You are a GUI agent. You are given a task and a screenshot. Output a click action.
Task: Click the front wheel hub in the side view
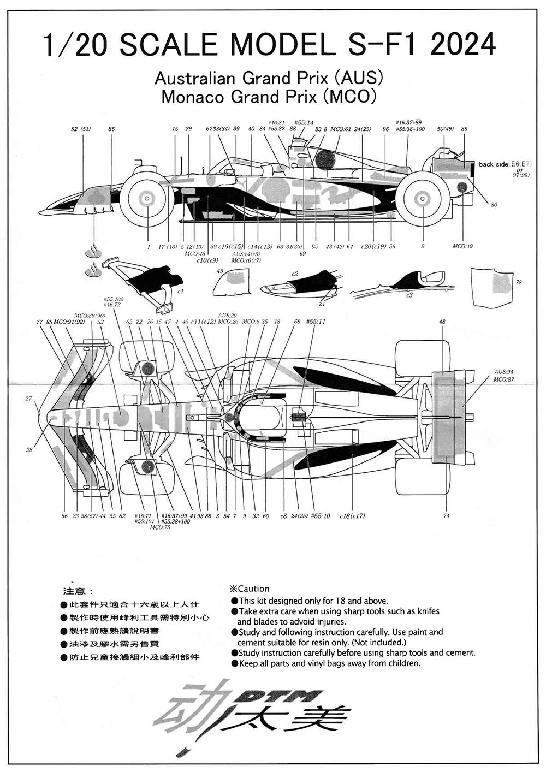point(147,198)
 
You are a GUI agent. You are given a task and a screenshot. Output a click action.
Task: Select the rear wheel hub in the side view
point(422,198)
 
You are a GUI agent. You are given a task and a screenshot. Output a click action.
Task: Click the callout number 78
point(518,282)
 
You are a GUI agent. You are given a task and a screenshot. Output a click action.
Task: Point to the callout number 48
point(442,322)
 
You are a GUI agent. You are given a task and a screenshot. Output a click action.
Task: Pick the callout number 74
point(447,516)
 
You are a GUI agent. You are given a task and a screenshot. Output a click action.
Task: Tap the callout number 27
point(28,399)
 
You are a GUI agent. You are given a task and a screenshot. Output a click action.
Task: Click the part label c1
point(180,291)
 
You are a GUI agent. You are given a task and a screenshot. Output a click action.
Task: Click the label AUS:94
point(503,371)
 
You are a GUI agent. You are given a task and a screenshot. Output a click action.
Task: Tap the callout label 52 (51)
point(81,129)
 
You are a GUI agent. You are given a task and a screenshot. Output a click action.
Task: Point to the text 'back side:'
point(494,164)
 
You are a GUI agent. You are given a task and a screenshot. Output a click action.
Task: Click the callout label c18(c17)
point(352,516)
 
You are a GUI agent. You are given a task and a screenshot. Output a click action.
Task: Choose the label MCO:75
point(159,527)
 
